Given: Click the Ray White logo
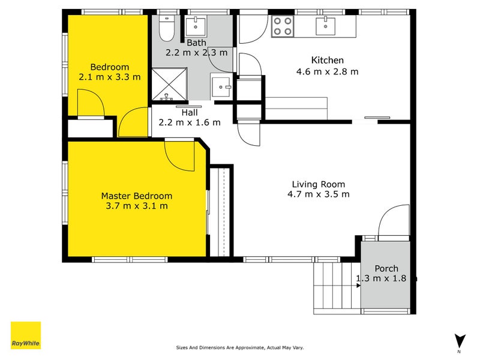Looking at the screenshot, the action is [x=26, y=335].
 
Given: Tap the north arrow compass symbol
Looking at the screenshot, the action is [x=459, y=341].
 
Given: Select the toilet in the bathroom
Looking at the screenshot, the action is [x=167, y=28].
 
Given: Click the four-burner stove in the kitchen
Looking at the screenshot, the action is [x=283, y=26].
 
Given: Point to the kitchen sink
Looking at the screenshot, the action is [x=325, y=26].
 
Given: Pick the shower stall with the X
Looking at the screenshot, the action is [x=169, y=84].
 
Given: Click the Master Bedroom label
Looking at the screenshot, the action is [x=137, y=196].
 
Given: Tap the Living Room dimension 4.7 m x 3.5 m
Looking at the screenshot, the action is [x=319, y=194].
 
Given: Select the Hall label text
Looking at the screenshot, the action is [x=190, y=113].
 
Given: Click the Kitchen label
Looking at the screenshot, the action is [x=327, y=60].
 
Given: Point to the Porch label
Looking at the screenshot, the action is [x=386, y=268].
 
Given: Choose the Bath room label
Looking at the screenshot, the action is [x=196, y=43].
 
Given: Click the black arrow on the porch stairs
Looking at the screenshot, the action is [x=358, y=286].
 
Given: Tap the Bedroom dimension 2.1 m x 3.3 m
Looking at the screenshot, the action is [x=110, y=77].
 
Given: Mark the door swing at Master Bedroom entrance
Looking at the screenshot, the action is [x=179, y=155].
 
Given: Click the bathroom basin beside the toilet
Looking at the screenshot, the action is [x=196, y=26].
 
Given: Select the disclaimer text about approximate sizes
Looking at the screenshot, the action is [x=239, y=347].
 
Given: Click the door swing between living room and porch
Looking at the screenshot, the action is [x=394, y=221].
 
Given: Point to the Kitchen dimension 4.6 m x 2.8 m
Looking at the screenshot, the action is [x=327, y=71].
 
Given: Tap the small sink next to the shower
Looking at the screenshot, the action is [x=220, y=87].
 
